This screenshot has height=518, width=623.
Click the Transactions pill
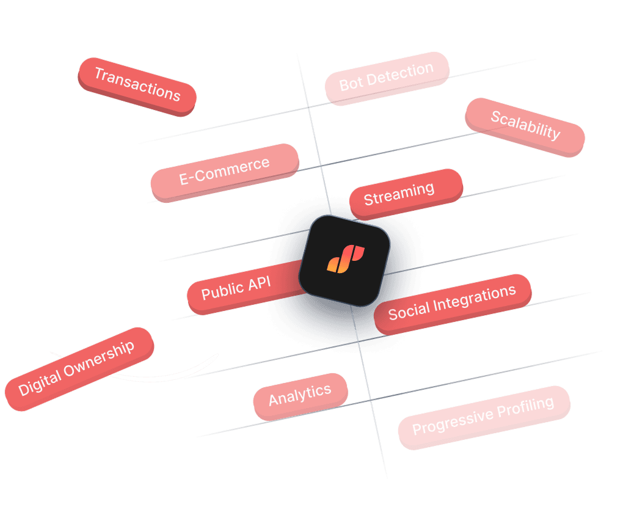pos(137,86)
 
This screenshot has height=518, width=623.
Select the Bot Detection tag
pos(387,78)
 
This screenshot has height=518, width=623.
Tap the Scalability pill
pos(525,126)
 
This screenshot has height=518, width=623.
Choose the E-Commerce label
pos(225,172)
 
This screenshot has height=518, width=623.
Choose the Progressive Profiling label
pos(483,417)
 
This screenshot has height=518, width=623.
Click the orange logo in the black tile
pos(345,260)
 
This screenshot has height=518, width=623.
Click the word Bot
pos(351,84)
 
